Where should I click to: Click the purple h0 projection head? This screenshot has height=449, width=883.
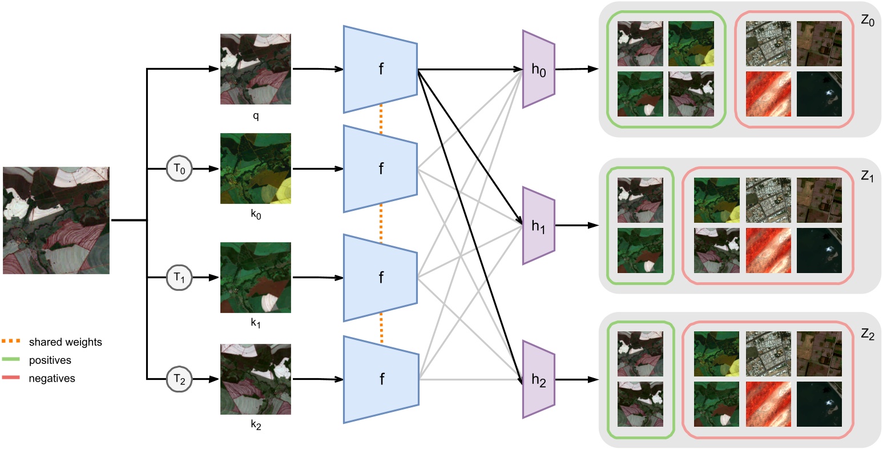point(538,69)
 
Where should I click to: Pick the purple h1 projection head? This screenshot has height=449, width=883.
point(538,226)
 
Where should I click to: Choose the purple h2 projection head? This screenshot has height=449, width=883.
point(538,380)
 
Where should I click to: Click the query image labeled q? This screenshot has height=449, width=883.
point(256,69)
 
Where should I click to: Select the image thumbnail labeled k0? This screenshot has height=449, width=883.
point(256,169)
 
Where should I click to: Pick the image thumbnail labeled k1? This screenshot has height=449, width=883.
point(256,278)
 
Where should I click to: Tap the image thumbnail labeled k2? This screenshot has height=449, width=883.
point(256,379)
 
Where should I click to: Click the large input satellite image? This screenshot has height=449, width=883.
point(56,221)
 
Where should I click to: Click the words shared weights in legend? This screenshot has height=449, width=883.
point(65,342)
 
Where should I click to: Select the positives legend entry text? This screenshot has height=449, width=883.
point(50,360)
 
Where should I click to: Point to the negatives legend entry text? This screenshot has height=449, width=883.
point(51,378)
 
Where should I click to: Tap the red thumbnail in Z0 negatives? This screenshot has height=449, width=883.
point(768,94)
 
